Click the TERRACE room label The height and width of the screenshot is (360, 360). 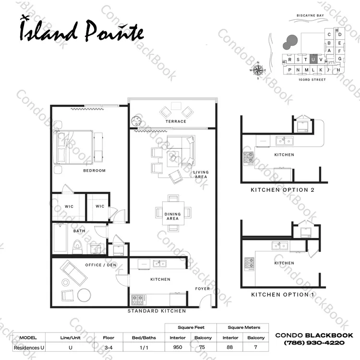(176, 122)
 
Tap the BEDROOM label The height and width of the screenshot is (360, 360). (95, 171)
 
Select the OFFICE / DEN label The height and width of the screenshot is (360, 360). (101, 265)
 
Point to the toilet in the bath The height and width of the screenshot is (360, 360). (77, 247)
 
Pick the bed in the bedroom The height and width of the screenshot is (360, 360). (73, 147)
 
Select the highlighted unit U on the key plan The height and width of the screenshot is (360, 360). (313, 59)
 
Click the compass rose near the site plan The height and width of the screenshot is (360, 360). (258, 70)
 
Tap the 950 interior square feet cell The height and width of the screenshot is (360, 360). (178, 347)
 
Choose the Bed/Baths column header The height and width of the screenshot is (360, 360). (144, 338)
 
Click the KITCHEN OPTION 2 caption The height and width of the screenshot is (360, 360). (282, 190)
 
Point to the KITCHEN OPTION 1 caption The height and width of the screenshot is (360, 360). (282, 295)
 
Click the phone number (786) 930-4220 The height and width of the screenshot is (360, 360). (314, 343)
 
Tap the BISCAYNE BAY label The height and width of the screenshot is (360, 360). (310, 15)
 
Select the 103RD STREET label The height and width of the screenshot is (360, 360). (312, 79)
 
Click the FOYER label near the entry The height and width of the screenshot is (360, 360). (202, 289)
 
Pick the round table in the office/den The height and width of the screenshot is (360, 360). (84, 295)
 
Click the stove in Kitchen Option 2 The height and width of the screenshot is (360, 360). (249, 159)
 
